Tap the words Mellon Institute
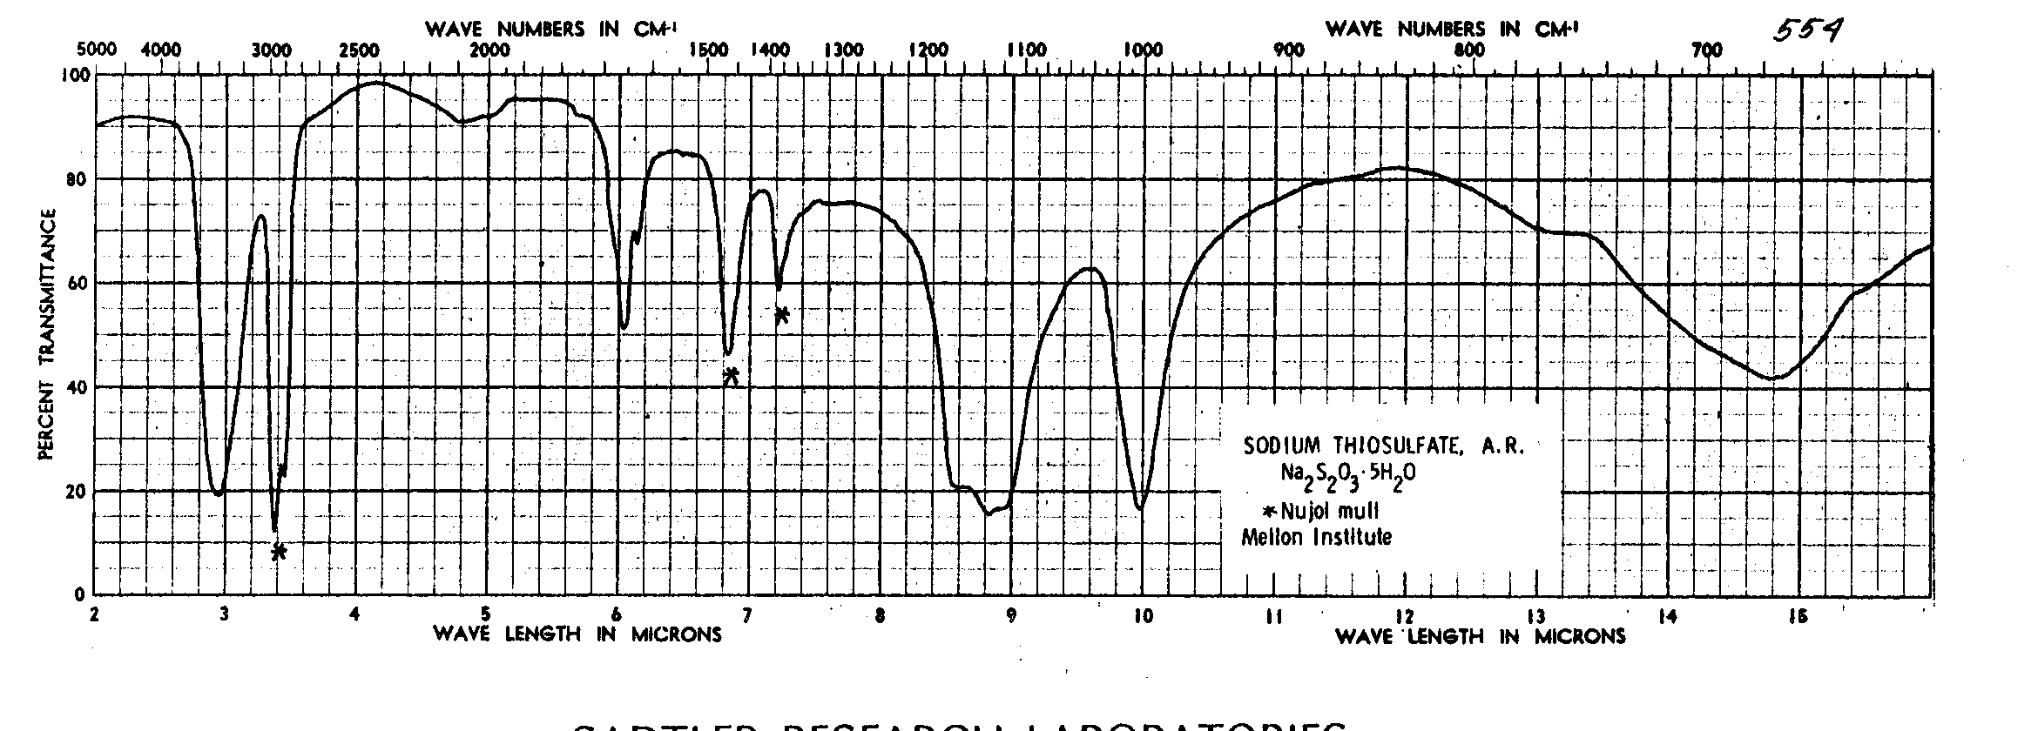tap(1316, 537)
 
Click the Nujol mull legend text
tap(1327, 511)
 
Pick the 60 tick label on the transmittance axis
tap(77, 284)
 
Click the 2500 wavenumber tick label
tap(359, 50)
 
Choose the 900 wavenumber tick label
tap(1288, 50)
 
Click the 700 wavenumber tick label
tap(1706, 50)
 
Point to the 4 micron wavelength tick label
tap(354, 615)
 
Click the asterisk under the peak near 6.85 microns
tap(732, 375)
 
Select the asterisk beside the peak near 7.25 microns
tap(781, 314)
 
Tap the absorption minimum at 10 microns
tap(1140, 507)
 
